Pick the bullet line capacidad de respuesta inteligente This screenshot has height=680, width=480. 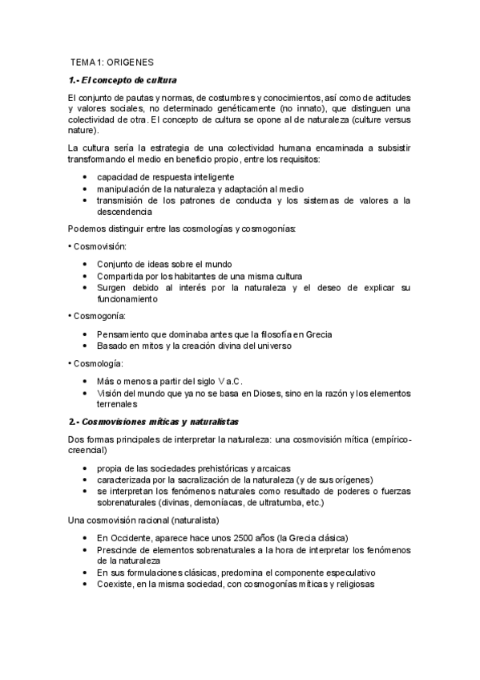coord(165,176)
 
